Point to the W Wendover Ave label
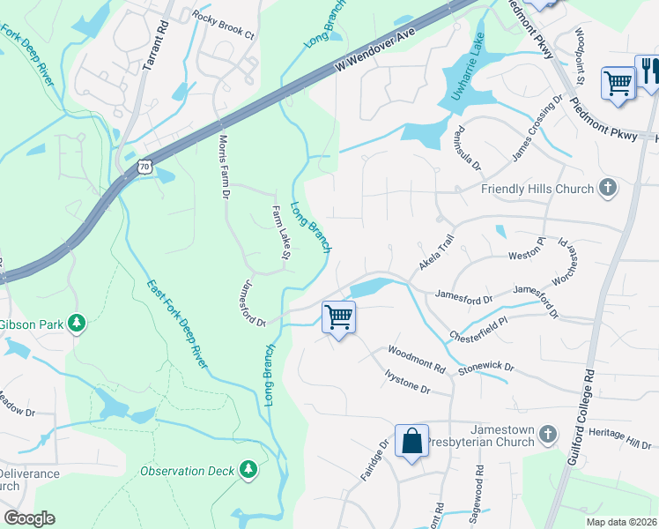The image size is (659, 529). pos(374,54)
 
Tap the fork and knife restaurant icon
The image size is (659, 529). pos(648,71)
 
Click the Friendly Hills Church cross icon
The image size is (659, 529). pos(607,187)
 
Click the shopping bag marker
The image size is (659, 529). pos(411,440)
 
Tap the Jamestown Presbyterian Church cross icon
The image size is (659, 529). pos(548,433)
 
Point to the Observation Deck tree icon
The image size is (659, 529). pos(249,469)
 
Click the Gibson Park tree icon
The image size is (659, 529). pos(78,324)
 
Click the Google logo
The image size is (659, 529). pos(29,518)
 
